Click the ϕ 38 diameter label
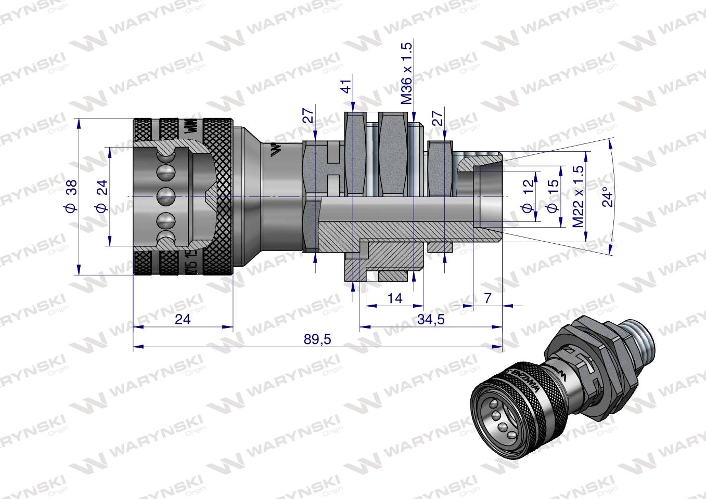[72, 196]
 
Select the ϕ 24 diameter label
[102, 196]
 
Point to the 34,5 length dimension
[431, 320]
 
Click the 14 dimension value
[395, 298]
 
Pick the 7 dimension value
[487, 298]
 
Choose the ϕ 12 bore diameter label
[528, 196]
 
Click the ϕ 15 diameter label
[553, 196]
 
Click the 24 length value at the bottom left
[183, 319]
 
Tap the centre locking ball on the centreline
[166, 196]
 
